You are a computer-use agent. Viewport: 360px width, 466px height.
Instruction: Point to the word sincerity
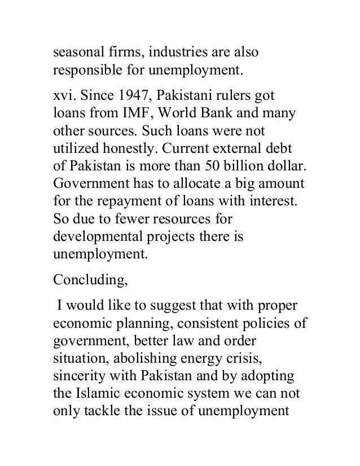77,380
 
